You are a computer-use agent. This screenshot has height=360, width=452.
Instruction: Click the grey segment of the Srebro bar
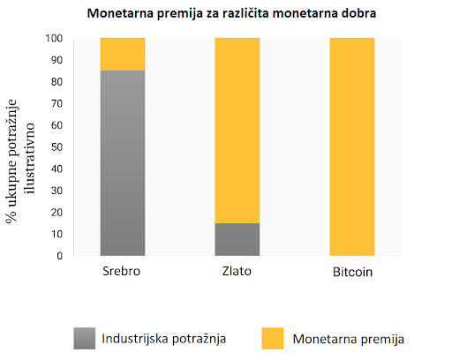coord(123,163)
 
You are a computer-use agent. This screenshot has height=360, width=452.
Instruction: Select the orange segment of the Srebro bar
coord(123,55)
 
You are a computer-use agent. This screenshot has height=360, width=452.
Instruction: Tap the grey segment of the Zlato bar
coord(237,239)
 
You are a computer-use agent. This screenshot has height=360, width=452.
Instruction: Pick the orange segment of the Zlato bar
coord(237,131)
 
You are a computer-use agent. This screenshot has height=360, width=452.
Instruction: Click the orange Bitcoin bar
coord(352,146)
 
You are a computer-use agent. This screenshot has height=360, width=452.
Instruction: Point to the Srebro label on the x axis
coord(121,271)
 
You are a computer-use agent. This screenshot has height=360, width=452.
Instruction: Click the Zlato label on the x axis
coord(237,271)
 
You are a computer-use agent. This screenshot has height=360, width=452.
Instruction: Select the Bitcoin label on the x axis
coord(352,272)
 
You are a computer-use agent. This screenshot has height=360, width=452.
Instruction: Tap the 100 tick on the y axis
coord(54,38)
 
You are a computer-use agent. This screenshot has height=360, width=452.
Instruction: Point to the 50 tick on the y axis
coord(56,147)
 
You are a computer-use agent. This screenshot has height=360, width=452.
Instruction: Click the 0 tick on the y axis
coord(60,256)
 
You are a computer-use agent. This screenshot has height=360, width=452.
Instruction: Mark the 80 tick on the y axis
coord(56,82)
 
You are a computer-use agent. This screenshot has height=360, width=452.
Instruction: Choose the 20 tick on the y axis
coord(56,213)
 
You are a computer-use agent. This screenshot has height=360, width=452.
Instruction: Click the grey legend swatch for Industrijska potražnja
coord(85,338)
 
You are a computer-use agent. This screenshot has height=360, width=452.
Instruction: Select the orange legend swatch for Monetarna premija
coord(273,338)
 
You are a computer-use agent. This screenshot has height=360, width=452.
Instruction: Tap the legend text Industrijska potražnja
coord(164,339)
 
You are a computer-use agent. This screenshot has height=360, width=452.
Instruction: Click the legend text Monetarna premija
coord(349,339)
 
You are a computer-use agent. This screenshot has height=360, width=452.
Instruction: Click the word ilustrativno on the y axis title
coord(30,159)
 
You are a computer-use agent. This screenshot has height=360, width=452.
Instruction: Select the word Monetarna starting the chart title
coord(120,13)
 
